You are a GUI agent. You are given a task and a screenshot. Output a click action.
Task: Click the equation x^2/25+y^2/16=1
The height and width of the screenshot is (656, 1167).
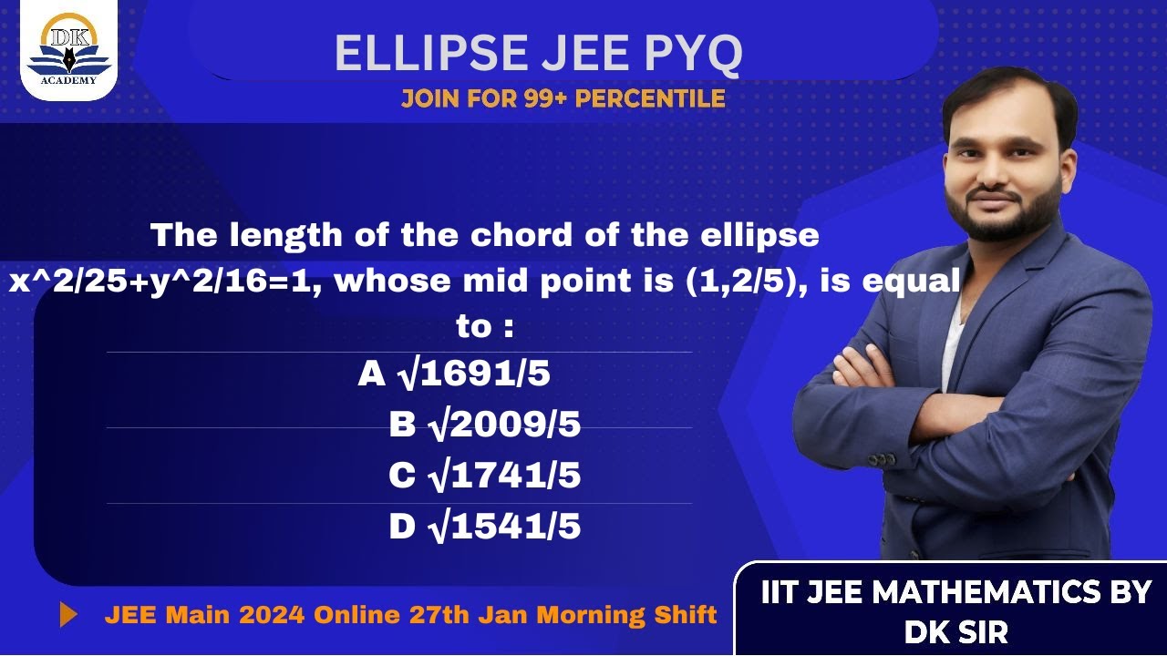[168, 282]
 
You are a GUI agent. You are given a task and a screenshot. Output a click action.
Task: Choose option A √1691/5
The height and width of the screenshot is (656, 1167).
[454, 374]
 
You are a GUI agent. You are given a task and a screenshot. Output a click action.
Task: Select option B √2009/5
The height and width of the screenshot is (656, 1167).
[484, 425]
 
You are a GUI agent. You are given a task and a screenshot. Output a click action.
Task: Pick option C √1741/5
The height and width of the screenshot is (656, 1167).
[484, 476]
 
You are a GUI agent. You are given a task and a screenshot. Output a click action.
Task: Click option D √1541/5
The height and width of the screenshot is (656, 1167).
[484, 527]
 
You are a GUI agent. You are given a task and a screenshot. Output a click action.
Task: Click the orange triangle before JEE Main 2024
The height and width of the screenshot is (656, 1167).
[68, 615]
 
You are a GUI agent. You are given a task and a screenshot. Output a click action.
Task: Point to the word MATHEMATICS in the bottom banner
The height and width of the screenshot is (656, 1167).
[987, 592]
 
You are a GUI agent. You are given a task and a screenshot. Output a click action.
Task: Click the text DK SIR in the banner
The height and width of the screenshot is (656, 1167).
[955, 631]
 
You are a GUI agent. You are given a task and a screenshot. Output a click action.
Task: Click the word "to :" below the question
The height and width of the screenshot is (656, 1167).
[484, 326]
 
